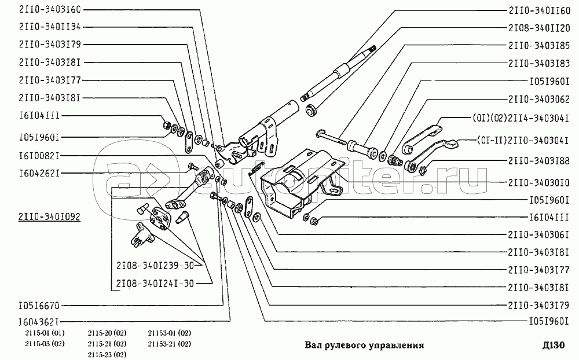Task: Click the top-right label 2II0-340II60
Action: coord(540,10)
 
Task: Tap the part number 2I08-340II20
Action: coord(540,27)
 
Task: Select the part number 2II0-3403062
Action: coord(540,98)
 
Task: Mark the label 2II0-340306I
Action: coord(540,234)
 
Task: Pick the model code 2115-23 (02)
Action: coord(107,354)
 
